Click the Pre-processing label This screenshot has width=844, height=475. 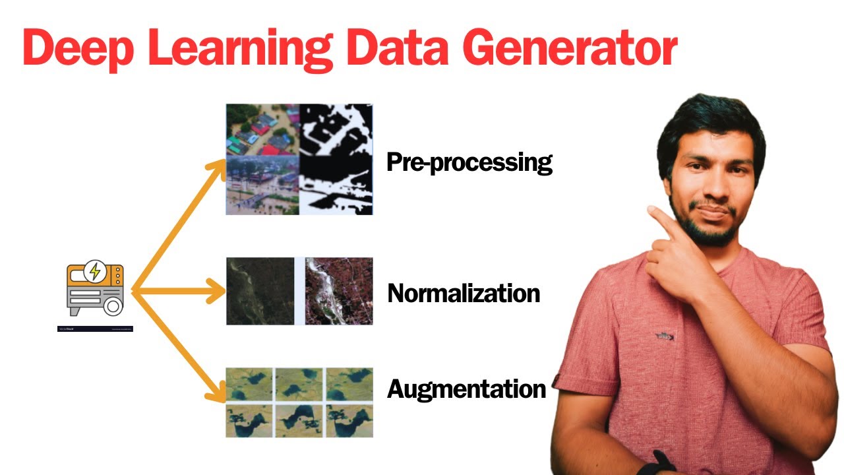coord(469,162)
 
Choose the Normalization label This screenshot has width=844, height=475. coord(464,293)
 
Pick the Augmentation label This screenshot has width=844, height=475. coord(466,389)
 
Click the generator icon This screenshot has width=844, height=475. coord(95,290)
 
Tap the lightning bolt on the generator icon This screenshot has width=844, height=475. coord(95,270)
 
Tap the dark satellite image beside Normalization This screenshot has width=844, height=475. coord(260,291)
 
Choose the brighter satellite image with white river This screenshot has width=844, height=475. coord(339,291)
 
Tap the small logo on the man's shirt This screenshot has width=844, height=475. coord(665,336)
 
